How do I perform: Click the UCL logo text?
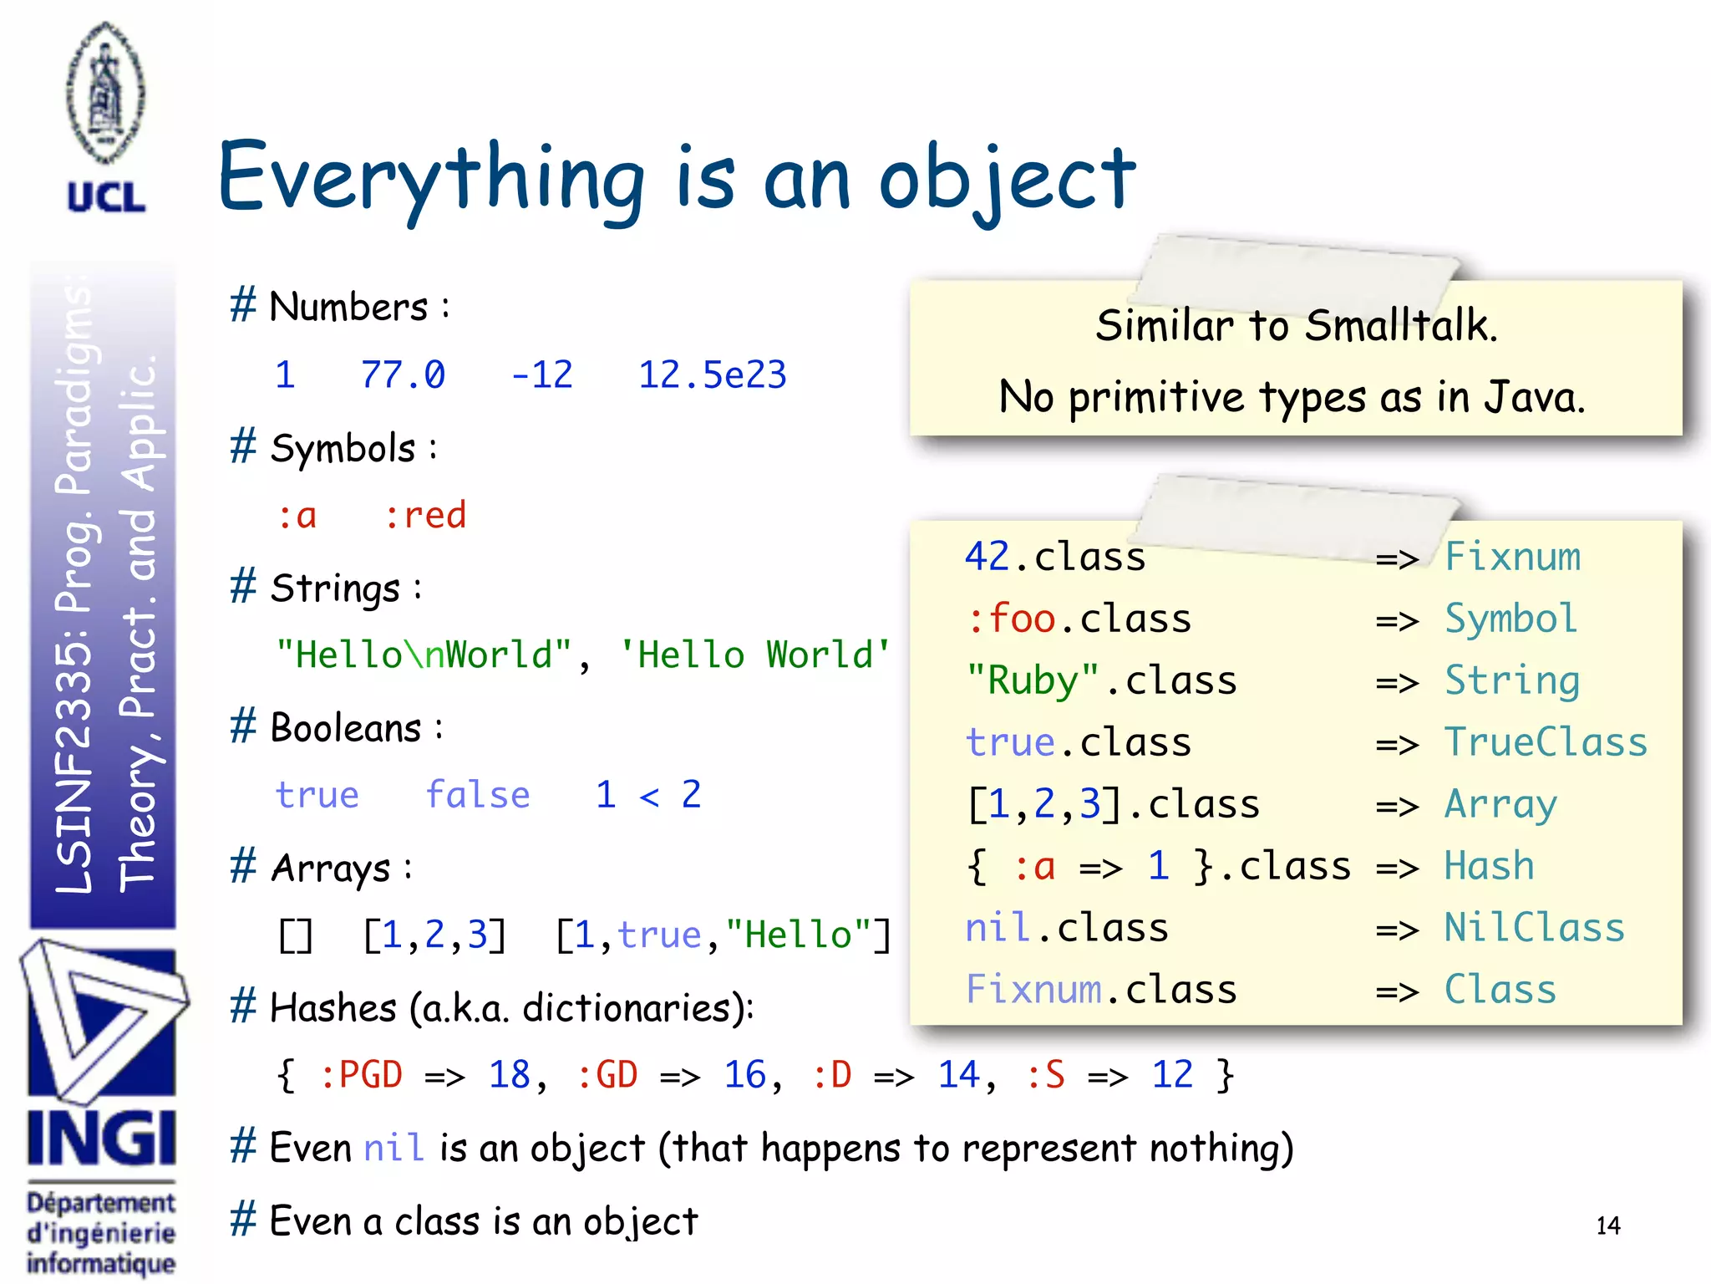click(x=106, y=198)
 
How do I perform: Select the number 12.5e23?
click(x=712, y=375)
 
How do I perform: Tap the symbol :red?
click(x=424, y=516)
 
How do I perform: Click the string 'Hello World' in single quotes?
click(x=754, y=655)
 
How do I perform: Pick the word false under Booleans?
click(x=477, y=795)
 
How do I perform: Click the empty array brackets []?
click(x=296, y=935)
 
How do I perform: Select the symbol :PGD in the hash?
click(x=361, y=1075)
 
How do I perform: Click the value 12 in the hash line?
click(x=1172, y=1075)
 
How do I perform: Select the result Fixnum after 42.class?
click(x=1512, y=557)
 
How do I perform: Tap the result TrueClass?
click(x=1546, y=742)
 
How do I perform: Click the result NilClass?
click(x=1535, y=928)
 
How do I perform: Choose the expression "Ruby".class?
click(x=1101, y=680)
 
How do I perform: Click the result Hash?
click(x=1489, y=866)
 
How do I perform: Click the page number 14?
click(x=1607, y=1226)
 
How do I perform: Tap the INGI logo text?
click(x=102, y=1138)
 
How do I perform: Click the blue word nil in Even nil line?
click(x=393, y=1148)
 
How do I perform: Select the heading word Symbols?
click(x=343, y=449)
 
